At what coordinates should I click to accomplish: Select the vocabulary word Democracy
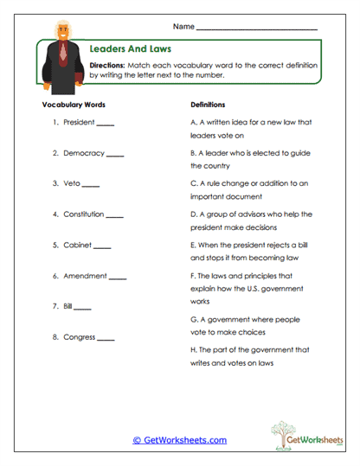tap(83, 153)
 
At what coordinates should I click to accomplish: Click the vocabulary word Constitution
tap(83, 214)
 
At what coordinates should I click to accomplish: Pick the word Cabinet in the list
tap(77, 245)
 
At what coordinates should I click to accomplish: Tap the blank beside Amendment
tap(118, 278)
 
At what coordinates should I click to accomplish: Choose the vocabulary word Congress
tap(79, 336)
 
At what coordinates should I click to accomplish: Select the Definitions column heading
tap(208, 103)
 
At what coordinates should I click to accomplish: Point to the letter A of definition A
tap(192, 122)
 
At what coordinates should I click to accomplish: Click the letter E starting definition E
tap(192, 245)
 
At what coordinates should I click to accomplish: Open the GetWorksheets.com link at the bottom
tap(180, 440)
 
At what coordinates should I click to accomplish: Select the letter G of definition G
tap(192, 319)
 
